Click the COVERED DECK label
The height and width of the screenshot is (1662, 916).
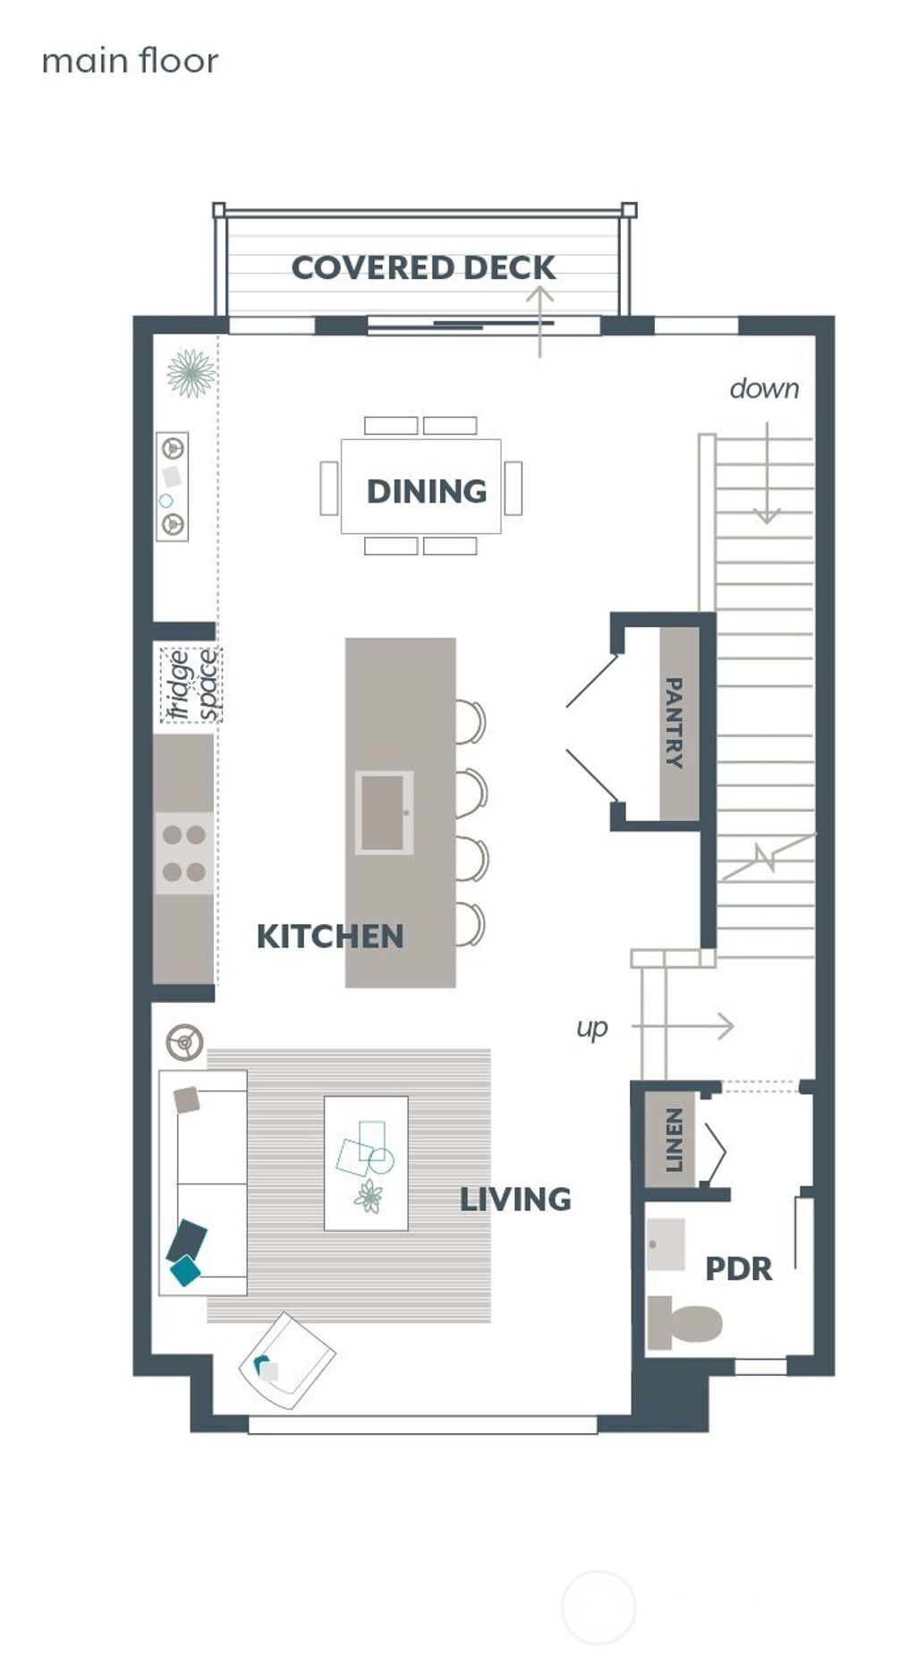pyautogui.click(x=423, y=267)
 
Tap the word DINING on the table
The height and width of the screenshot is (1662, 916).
pyautogui.click(x=427, y=491)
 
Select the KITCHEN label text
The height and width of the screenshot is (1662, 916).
pyautogui.click(x=330, y=937)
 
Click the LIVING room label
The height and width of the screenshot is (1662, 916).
pyautogui.click(x=515, y=1200)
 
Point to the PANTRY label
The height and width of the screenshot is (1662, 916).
pyautogui.click(x=674, y=723)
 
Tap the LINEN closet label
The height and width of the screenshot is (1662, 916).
pyautogui.click(x=674, y=1140)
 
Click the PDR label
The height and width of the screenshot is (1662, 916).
pyautogui.click(x=738, y=1268)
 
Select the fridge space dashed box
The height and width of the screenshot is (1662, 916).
pyautogui.click(x=191, y=685)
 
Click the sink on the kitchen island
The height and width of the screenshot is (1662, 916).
pyautogui.click(x=384, y=812)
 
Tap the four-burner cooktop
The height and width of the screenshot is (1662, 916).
pyautogui.click(x=184, y=853)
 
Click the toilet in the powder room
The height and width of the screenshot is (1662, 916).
pyautogui.click(x=685, y=1323)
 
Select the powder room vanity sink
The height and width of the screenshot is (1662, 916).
pyautogui.click(x=665, y=1244)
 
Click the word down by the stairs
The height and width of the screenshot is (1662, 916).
pyautogui.click(x=764, y=388)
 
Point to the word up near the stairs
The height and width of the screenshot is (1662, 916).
pyautogui.click(x=591, y=1028)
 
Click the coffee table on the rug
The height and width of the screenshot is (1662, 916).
pyautogui.click(x=366, y=1163)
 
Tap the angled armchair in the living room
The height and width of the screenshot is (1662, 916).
pyautogui.click(x=286, y=1360)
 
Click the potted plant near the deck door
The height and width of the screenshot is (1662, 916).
pyautogui.click(x=191, y=373)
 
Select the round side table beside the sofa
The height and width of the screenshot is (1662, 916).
pyautogui.click(x=185, y=1042)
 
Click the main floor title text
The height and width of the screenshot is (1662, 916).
pyautogui.click(x=130, y=61)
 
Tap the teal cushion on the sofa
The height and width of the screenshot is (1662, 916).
pyautogui.click(x=185, y=1270)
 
